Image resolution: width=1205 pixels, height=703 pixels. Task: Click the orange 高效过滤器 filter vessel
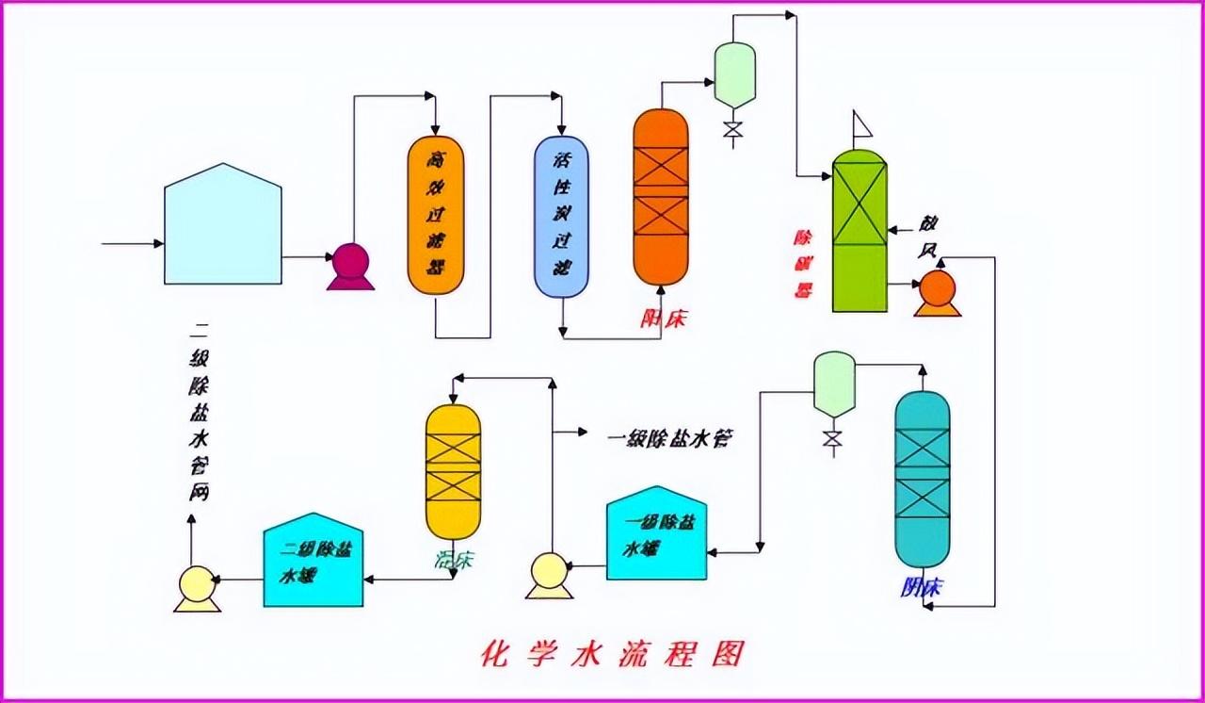(436, 215)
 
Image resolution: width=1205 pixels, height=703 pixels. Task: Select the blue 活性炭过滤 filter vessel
(562, 217)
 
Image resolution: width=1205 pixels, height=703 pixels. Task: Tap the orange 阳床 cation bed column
(661, 196)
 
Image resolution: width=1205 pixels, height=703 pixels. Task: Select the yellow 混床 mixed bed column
(453, 471)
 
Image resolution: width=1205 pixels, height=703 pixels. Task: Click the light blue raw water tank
(223, 226)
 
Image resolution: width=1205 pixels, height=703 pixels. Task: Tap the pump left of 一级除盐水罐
(549, 574)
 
